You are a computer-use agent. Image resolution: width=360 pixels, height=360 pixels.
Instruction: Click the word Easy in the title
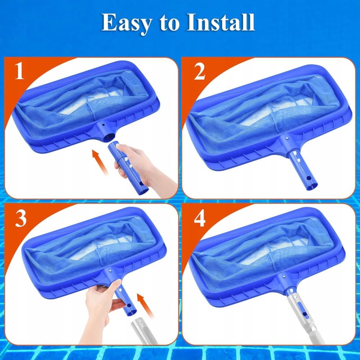tap(126, 23)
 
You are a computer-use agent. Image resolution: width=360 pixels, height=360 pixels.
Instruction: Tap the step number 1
tap(19, 71)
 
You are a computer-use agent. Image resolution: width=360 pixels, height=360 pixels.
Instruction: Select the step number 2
tap(199, 72)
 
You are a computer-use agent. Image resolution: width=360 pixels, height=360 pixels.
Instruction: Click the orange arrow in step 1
tap(100, 162)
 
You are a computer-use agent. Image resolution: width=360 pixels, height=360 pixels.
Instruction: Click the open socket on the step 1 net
tap(108, 138)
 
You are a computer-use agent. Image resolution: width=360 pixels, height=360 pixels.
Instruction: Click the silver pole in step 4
tap(302, 319)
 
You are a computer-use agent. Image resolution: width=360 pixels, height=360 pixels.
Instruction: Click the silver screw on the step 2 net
tap(286, 138)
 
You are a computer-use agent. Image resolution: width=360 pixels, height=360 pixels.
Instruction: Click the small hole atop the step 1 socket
tap(103, 125)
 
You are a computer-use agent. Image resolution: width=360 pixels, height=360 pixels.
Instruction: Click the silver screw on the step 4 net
tap(284, 277)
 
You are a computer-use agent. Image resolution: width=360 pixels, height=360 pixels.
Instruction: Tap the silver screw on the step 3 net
tap(111, 271)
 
